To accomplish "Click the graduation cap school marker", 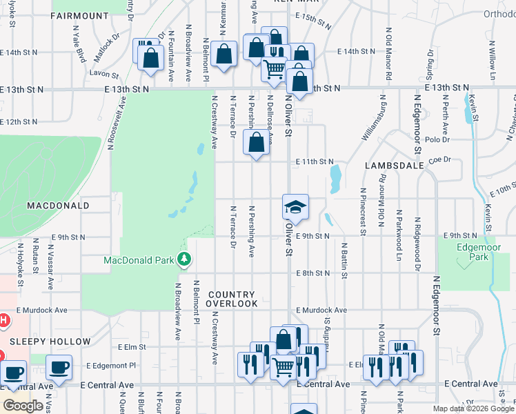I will tap(295, 207).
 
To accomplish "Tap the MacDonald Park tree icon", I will tap(183, 260).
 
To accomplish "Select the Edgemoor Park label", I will tap(473, 250).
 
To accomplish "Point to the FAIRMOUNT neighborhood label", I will tap(80, 15).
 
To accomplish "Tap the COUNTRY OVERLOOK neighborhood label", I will tap(232, 299).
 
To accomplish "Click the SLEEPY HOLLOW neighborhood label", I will tap(50, 342).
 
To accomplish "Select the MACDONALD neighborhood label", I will tap(58, 206).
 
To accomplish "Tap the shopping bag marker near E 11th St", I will tap(256, 144).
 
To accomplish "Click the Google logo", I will tap(23, 406).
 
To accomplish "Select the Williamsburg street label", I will tap(371, 123).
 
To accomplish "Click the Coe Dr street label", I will tap(439, 159).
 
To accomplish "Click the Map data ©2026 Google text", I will tap(473, 408).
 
